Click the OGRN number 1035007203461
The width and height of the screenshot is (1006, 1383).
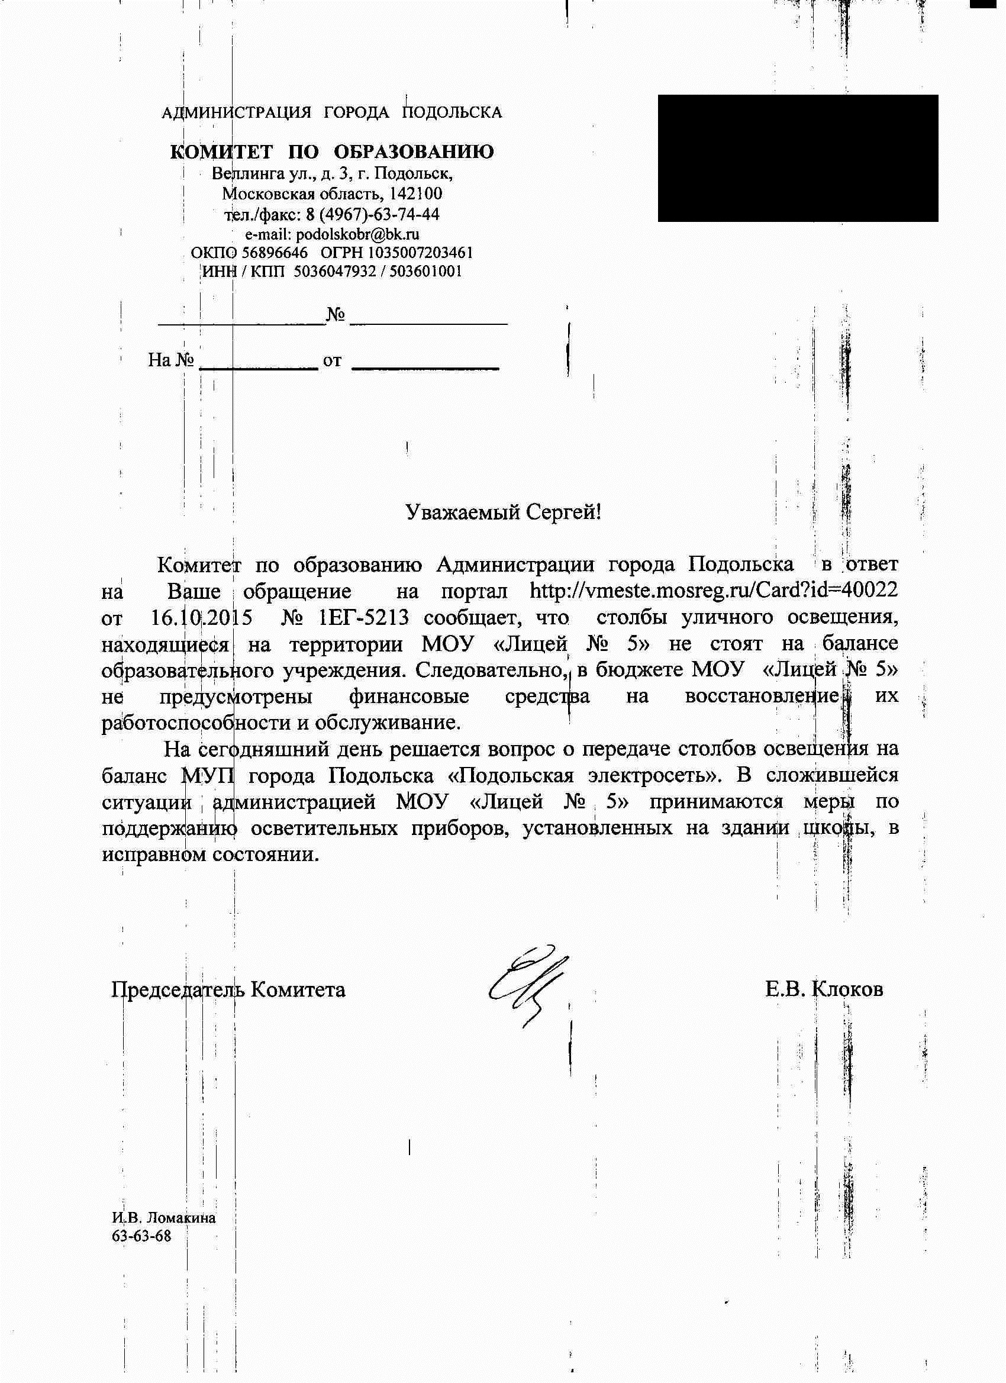coord(420,253)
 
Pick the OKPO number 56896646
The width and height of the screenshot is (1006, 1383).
coord(275,253)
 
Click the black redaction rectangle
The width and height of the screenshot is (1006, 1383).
coord(797,158)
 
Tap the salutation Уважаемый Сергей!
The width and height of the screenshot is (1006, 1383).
coord(503,512)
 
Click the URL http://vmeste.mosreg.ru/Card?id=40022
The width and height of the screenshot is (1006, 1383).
coord(713,591)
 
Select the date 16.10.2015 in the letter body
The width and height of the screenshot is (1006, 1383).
coord(201,618)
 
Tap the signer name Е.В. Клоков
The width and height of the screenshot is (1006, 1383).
coord(824,989)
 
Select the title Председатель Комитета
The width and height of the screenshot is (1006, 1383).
coord(228,989)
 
